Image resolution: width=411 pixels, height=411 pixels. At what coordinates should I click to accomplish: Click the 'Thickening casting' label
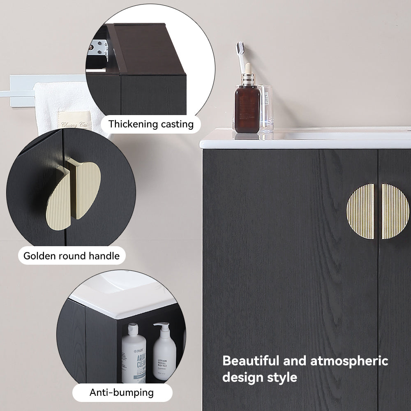[151, 124]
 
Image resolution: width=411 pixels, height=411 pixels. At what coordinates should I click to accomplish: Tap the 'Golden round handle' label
[72, 256]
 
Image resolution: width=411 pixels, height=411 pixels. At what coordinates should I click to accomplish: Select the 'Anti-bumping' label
[122, 393]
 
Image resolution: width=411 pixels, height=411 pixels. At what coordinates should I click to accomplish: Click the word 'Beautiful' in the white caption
[251, 361]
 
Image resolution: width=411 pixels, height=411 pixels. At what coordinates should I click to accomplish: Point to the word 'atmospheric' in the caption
[349, 361]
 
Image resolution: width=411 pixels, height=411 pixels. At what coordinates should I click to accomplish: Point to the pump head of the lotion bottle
[161, 327]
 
